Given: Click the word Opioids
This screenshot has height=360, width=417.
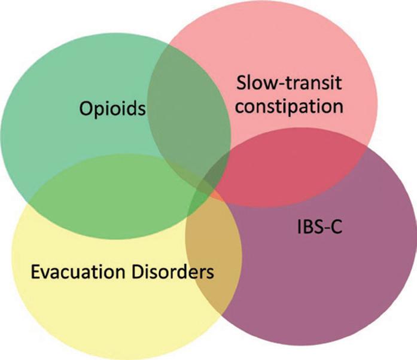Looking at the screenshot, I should pyautogui.click(x=112, y=109).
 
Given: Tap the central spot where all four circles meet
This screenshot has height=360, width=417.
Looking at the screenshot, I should pyautogui.click(x=206, y=194).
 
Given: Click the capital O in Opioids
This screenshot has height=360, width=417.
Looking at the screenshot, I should pyautogui.click(x=86, y=109).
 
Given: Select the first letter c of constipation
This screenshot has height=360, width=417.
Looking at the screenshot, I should pyautogui.click(x=238, y=107).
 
